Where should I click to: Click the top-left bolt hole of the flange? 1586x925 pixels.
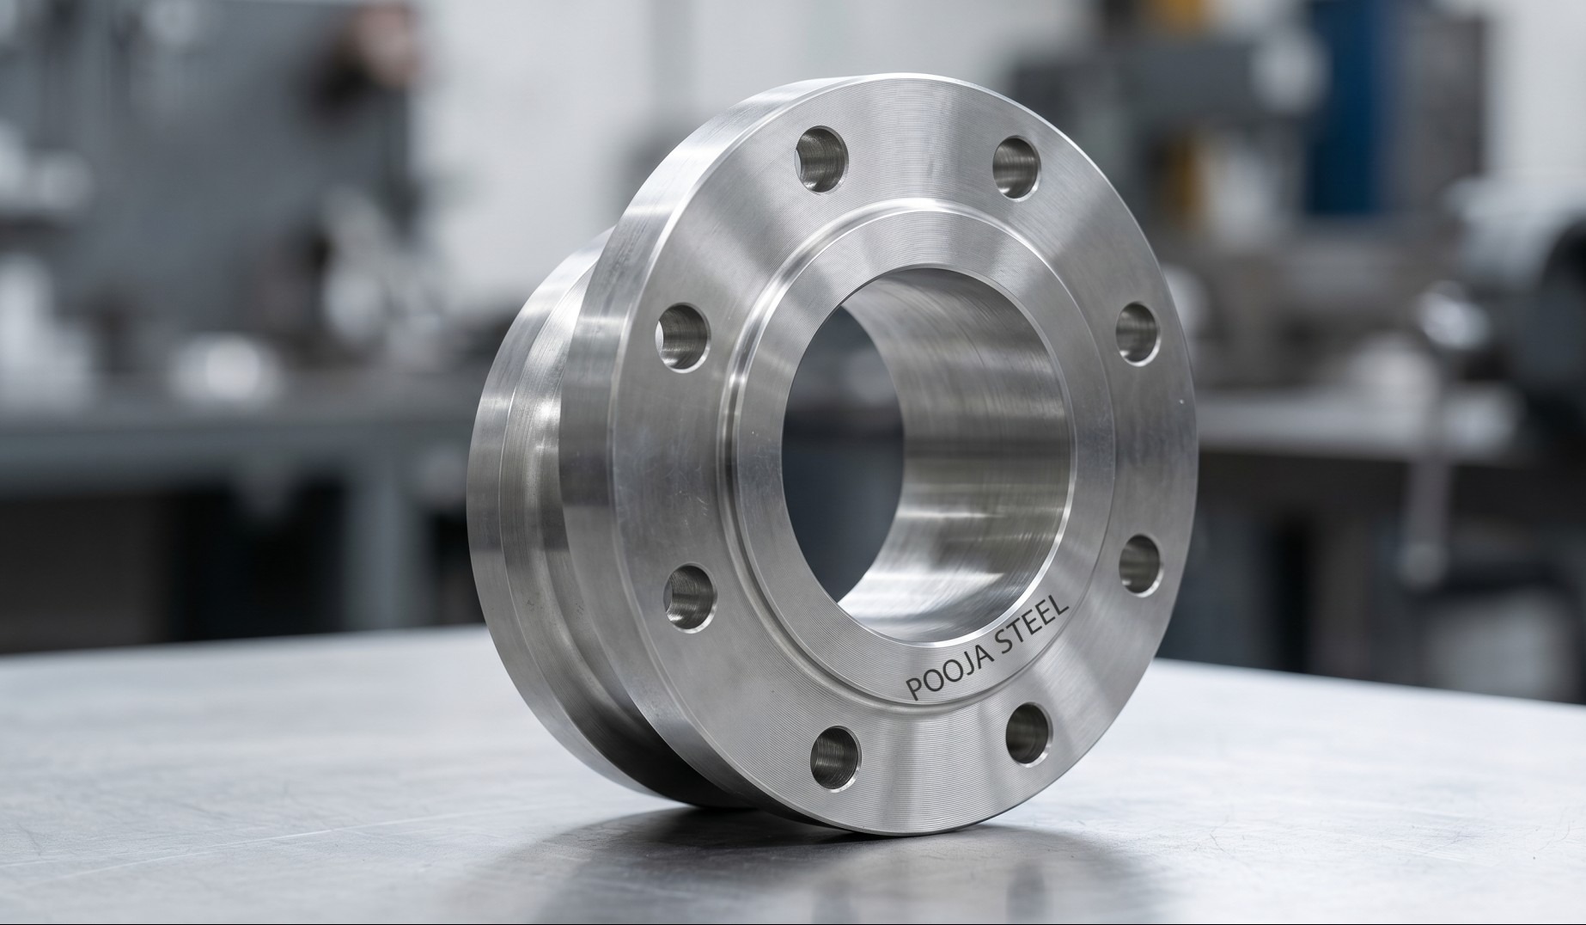click(821, 159)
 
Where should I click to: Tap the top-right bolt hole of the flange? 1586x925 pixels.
click(1016, 167)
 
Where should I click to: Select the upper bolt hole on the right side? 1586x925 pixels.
click(1138, 334)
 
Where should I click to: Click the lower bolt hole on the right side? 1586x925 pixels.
click(1141, 564)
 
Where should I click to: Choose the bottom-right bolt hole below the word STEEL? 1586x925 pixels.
click(1028, 732)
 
